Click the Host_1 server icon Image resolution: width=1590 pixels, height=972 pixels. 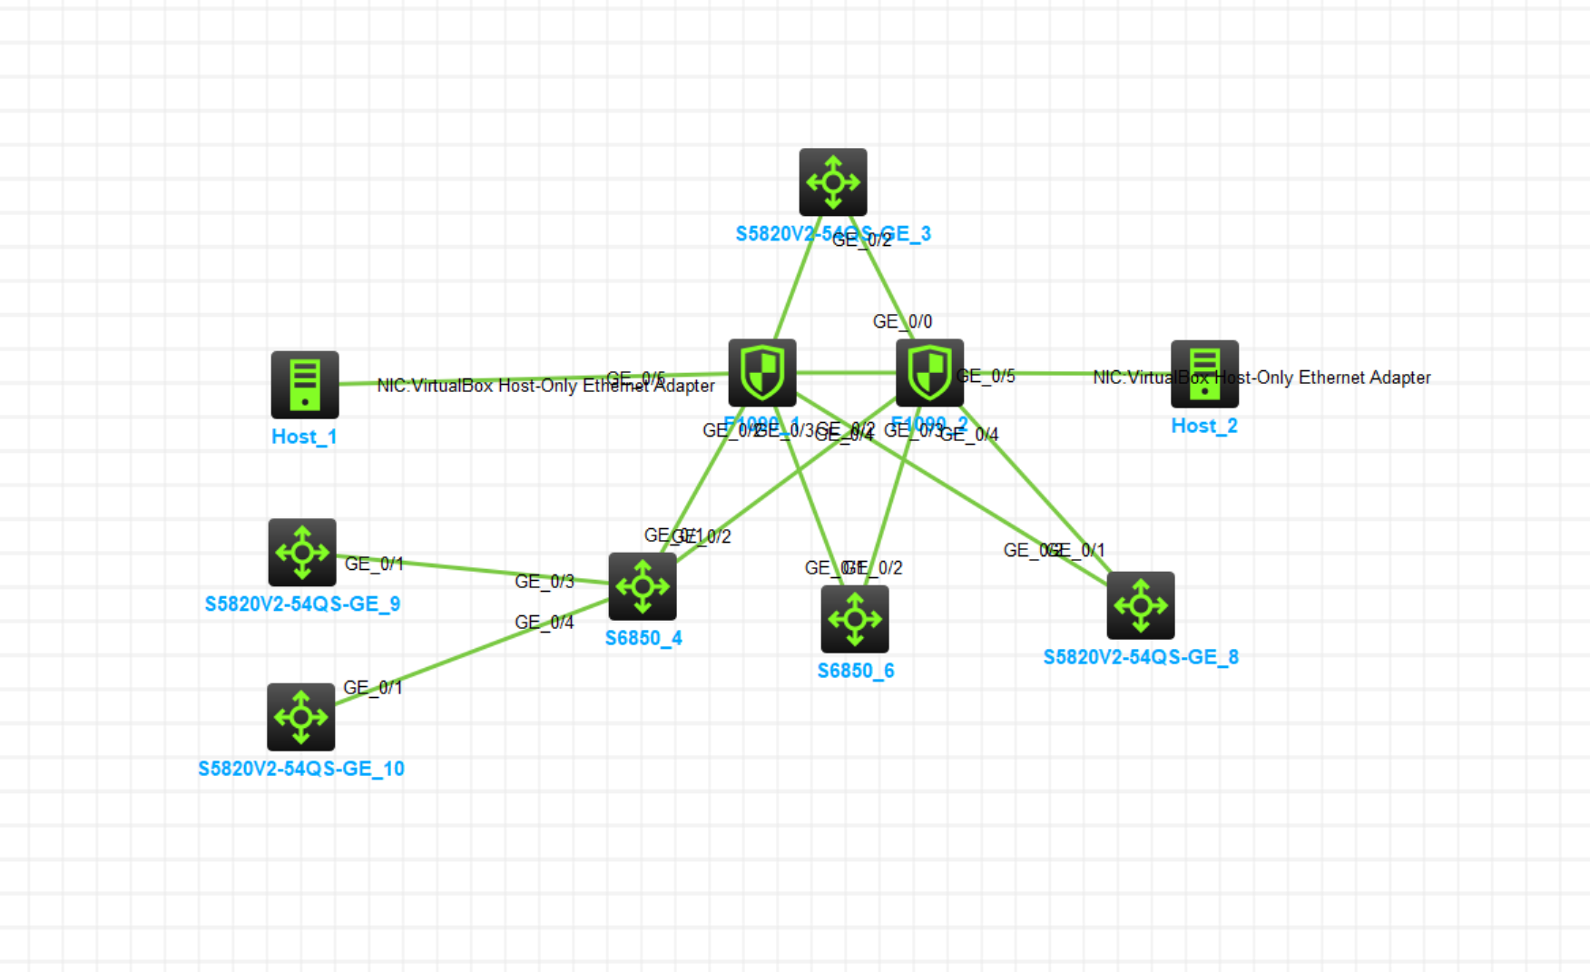305,385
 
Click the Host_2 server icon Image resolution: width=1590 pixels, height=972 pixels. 1204,374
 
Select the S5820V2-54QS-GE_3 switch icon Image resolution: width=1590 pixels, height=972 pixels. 833,182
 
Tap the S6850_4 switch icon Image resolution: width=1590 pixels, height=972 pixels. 643,586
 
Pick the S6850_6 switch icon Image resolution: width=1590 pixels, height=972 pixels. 855,619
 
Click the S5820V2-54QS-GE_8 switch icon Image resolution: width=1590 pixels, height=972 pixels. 1141,605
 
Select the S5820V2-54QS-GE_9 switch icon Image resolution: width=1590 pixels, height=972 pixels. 302,553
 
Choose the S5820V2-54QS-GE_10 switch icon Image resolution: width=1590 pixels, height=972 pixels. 301,717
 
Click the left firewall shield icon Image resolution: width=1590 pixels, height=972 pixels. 762,373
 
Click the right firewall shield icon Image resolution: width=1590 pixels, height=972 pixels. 929,373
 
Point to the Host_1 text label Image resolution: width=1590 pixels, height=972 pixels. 304,437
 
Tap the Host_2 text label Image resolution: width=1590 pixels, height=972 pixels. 1204,426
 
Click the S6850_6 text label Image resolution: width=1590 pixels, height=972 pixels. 856,671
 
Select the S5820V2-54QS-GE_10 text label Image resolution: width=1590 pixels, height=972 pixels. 301,769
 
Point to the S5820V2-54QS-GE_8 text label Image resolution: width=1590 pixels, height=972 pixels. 1141,657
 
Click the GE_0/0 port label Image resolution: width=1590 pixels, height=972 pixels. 902,321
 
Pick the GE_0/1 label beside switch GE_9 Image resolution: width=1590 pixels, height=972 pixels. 374,564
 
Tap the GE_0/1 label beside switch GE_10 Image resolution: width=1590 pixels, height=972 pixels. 372,687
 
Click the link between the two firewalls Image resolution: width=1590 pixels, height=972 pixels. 846,372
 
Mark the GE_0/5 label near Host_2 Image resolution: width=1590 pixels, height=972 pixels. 986,376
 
